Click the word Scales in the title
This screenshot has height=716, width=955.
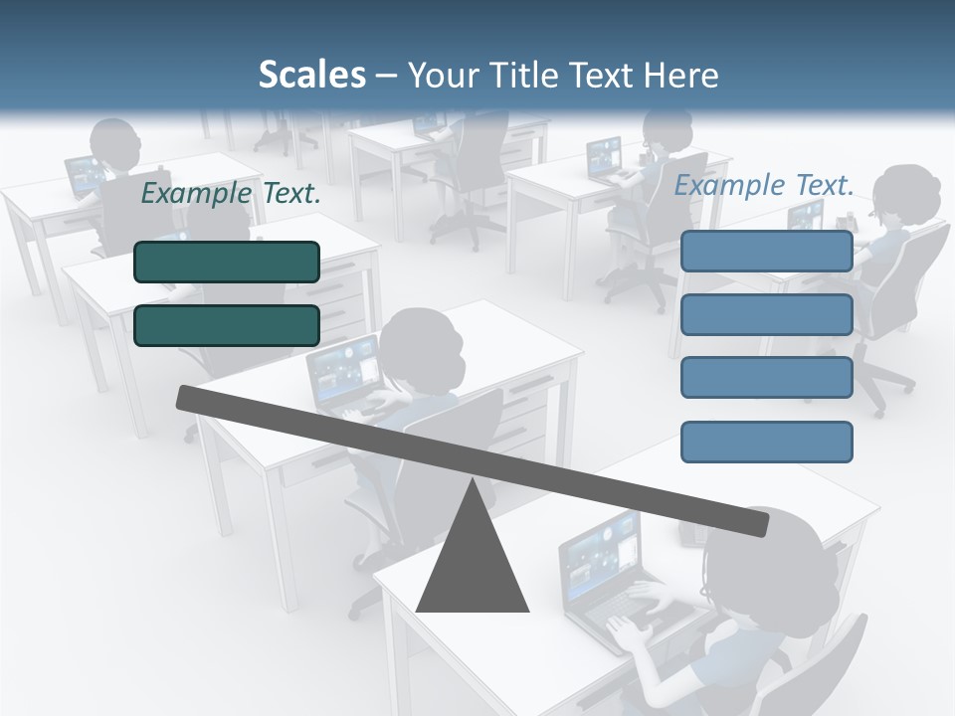(311, 75)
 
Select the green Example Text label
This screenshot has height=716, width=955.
(231, 194)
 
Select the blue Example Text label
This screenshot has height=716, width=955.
(764, 185)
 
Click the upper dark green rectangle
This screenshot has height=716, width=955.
(227, 262)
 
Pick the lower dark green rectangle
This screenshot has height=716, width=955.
(227, 325)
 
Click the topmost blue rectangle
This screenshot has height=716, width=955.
(766, 251)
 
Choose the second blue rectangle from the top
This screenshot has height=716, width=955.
(766, 314)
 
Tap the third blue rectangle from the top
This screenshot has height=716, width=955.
(766, 377)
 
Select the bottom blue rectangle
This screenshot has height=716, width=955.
(766, 442)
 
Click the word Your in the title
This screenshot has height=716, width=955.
(441, 75)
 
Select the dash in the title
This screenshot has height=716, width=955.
(387, 75)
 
